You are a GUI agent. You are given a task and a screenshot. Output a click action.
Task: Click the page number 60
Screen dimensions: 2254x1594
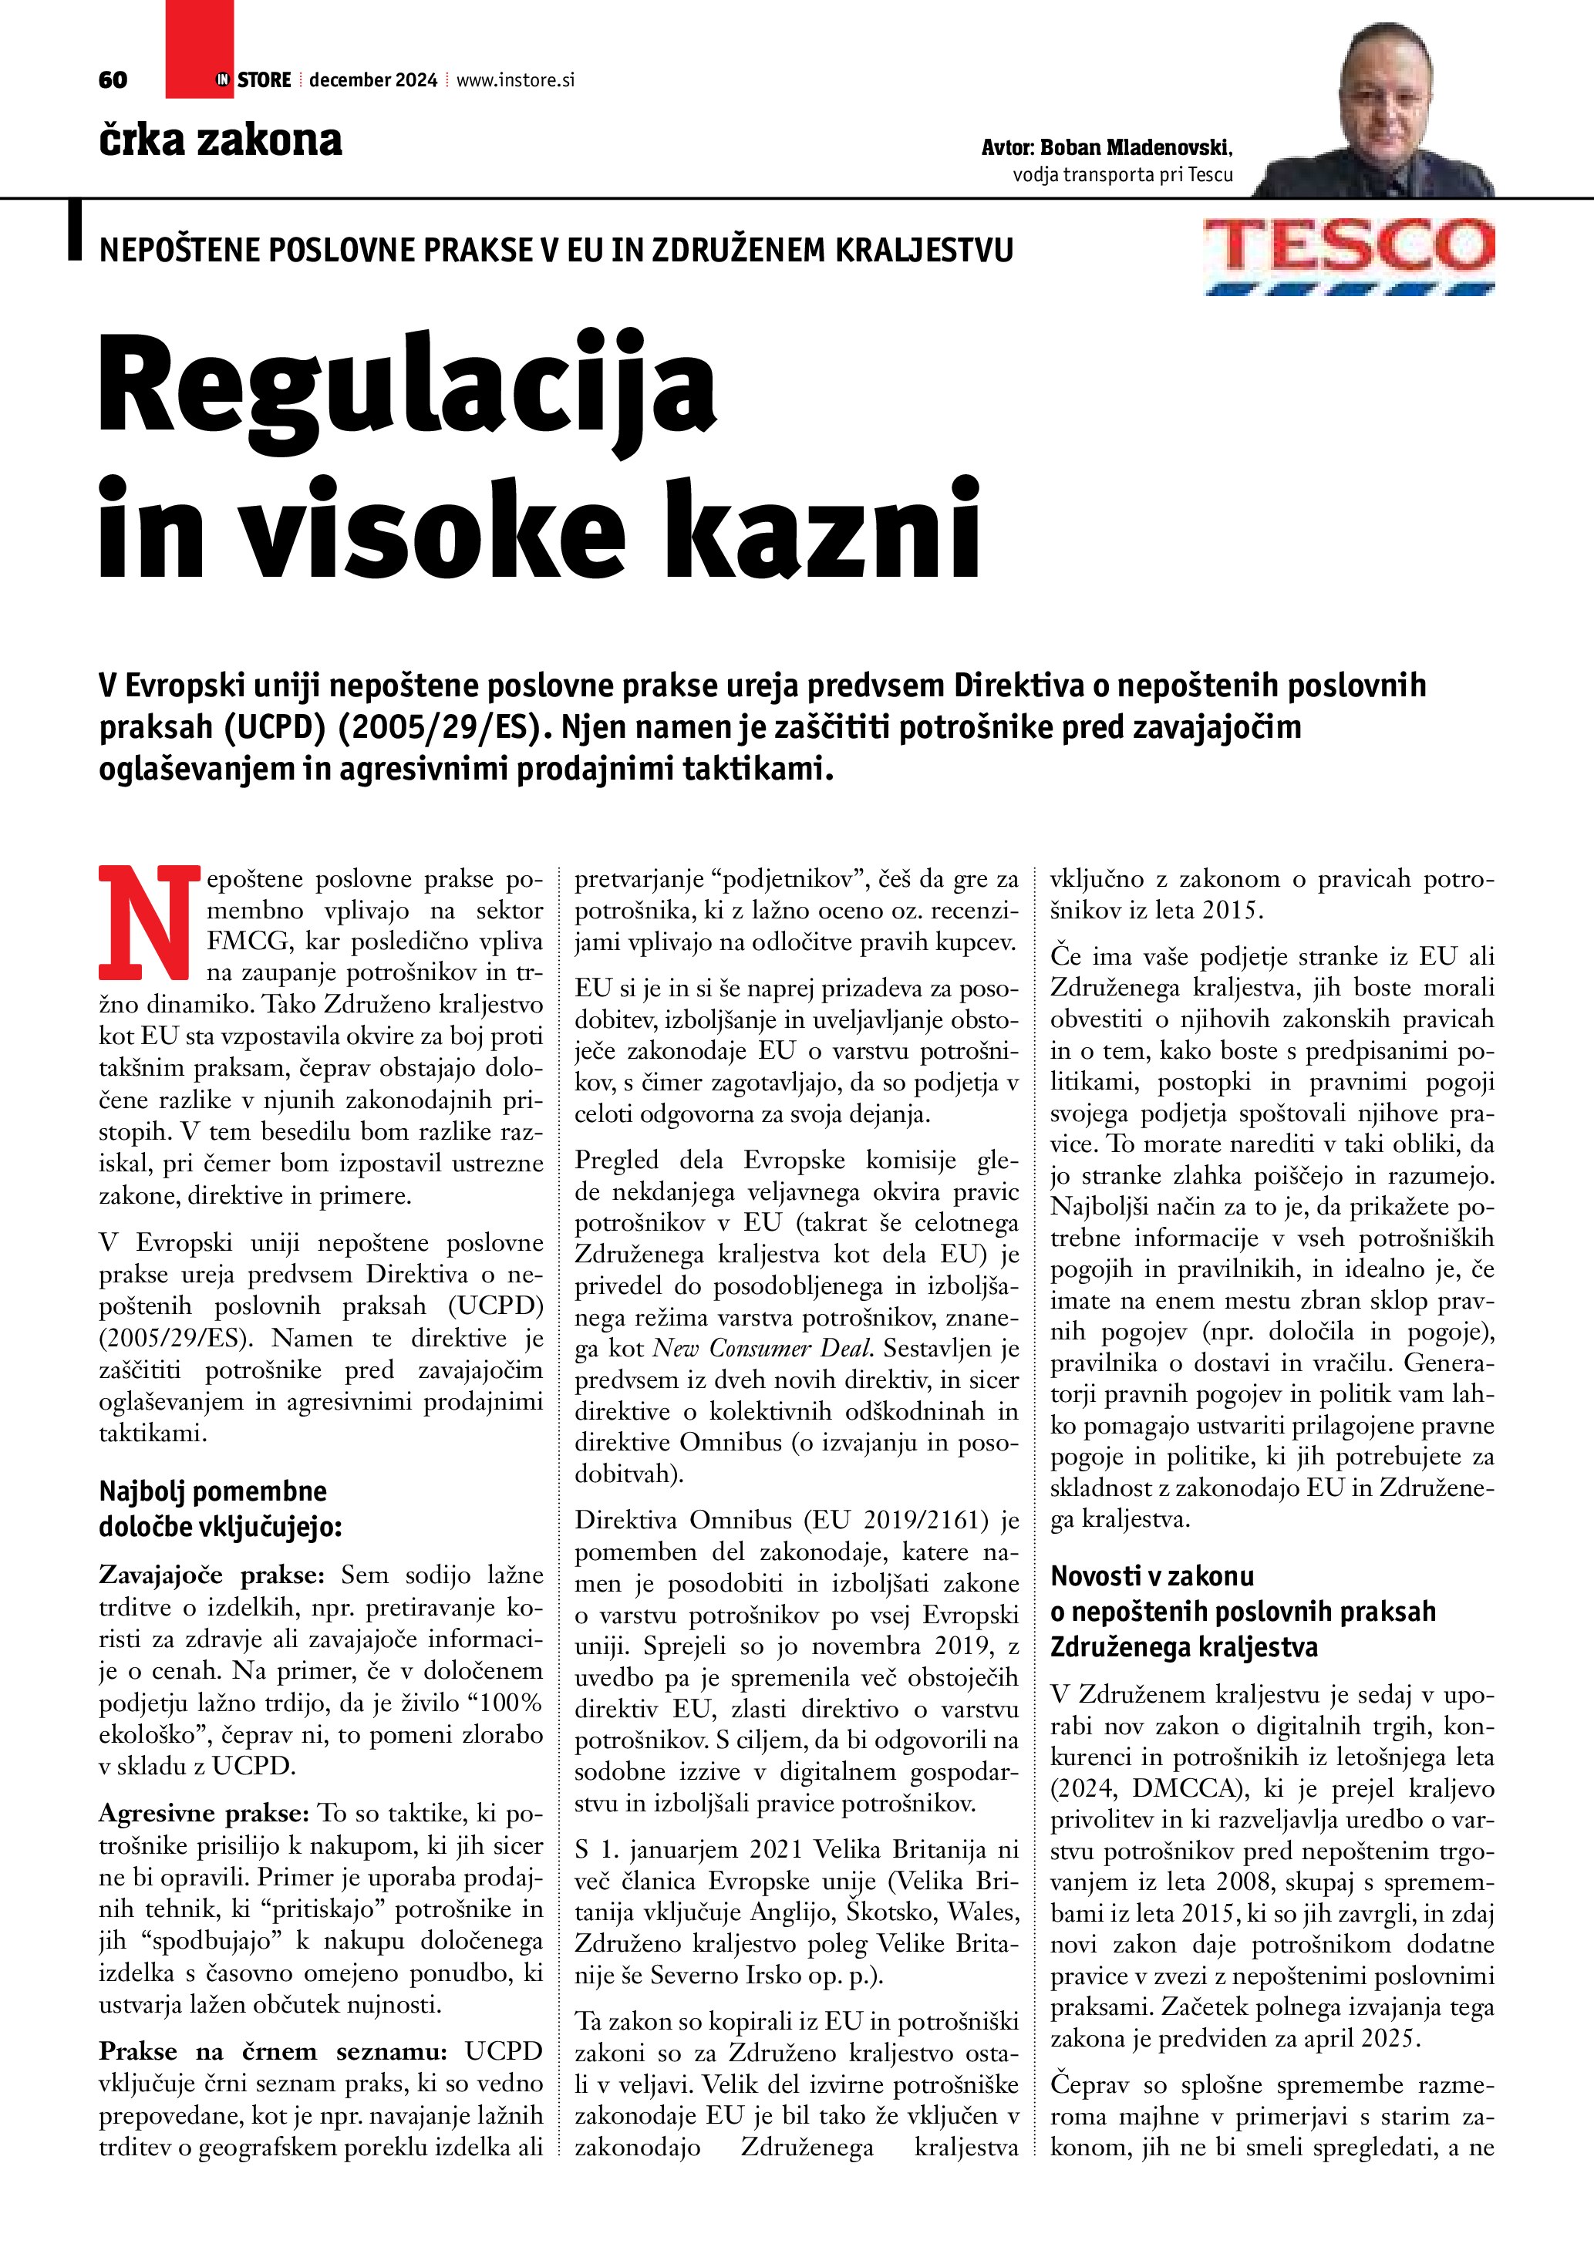pyautogui.click(x=113, y=80)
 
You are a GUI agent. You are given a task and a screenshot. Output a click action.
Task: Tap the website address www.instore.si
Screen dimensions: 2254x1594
pyautogui.click(x=515, y=80)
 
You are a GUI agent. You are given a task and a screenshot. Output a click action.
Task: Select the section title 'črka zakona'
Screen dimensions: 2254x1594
pyautogui.click(x=220, y=140)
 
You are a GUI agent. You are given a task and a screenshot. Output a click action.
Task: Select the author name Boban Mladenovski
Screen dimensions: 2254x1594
pyautogui.click(x=1134, y=147)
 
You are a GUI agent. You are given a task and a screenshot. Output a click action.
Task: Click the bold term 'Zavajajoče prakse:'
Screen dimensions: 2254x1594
pyautogui.click(x=211, y=1575)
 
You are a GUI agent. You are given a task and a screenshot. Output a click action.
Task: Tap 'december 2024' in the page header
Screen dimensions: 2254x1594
pyautogui.click(x=373, y=80)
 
